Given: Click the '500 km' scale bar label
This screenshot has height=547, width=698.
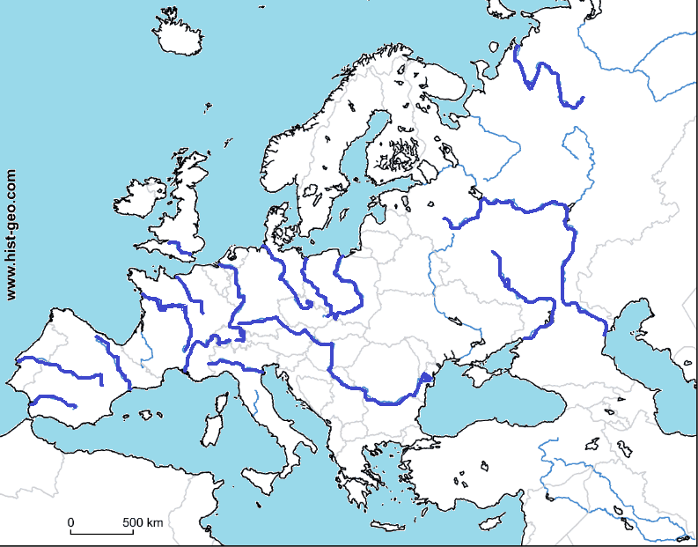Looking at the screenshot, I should pos(143,522).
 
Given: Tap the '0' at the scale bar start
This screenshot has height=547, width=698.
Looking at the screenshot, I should pos(71,522).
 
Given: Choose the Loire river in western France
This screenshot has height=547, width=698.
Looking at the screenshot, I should pos(167,307).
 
